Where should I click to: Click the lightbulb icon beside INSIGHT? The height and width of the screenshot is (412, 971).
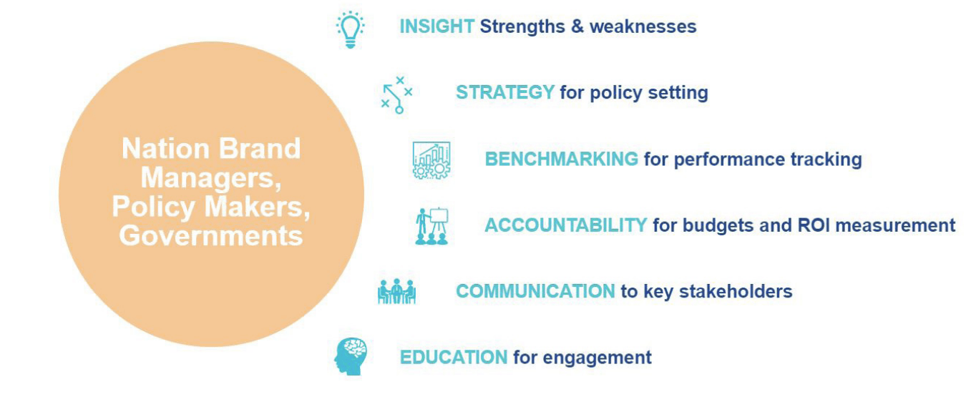point(350,29)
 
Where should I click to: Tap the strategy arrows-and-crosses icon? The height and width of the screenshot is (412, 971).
point(396,95)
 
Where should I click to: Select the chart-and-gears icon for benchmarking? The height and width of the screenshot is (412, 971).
point(431,160)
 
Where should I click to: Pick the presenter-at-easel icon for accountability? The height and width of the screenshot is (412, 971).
point(431,226)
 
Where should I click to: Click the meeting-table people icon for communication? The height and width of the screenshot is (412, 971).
point(396,292)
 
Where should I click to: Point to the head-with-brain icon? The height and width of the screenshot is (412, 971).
point(350,356)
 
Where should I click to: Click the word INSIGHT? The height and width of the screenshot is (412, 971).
point(436,26)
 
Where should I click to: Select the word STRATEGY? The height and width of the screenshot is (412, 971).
point(505,92)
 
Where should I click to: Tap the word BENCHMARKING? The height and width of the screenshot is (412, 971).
point(562,159)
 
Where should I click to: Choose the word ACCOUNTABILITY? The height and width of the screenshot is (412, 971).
point(566,225)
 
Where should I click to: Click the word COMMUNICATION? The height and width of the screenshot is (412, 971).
point(535,291)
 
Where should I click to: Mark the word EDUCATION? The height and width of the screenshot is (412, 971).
point(454,358)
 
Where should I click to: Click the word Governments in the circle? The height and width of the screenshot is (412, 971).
point(211,236)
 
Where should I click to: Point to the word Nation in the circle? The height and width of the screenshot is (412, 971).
point(165,149)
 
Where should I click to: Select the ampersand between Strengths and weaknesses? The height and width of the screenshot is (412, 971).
point(577,26)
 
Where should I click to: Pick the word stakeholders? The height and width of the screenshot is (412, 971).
point(736,291)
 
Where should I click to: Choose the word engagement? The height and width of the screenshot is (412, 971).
point(597,358)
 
